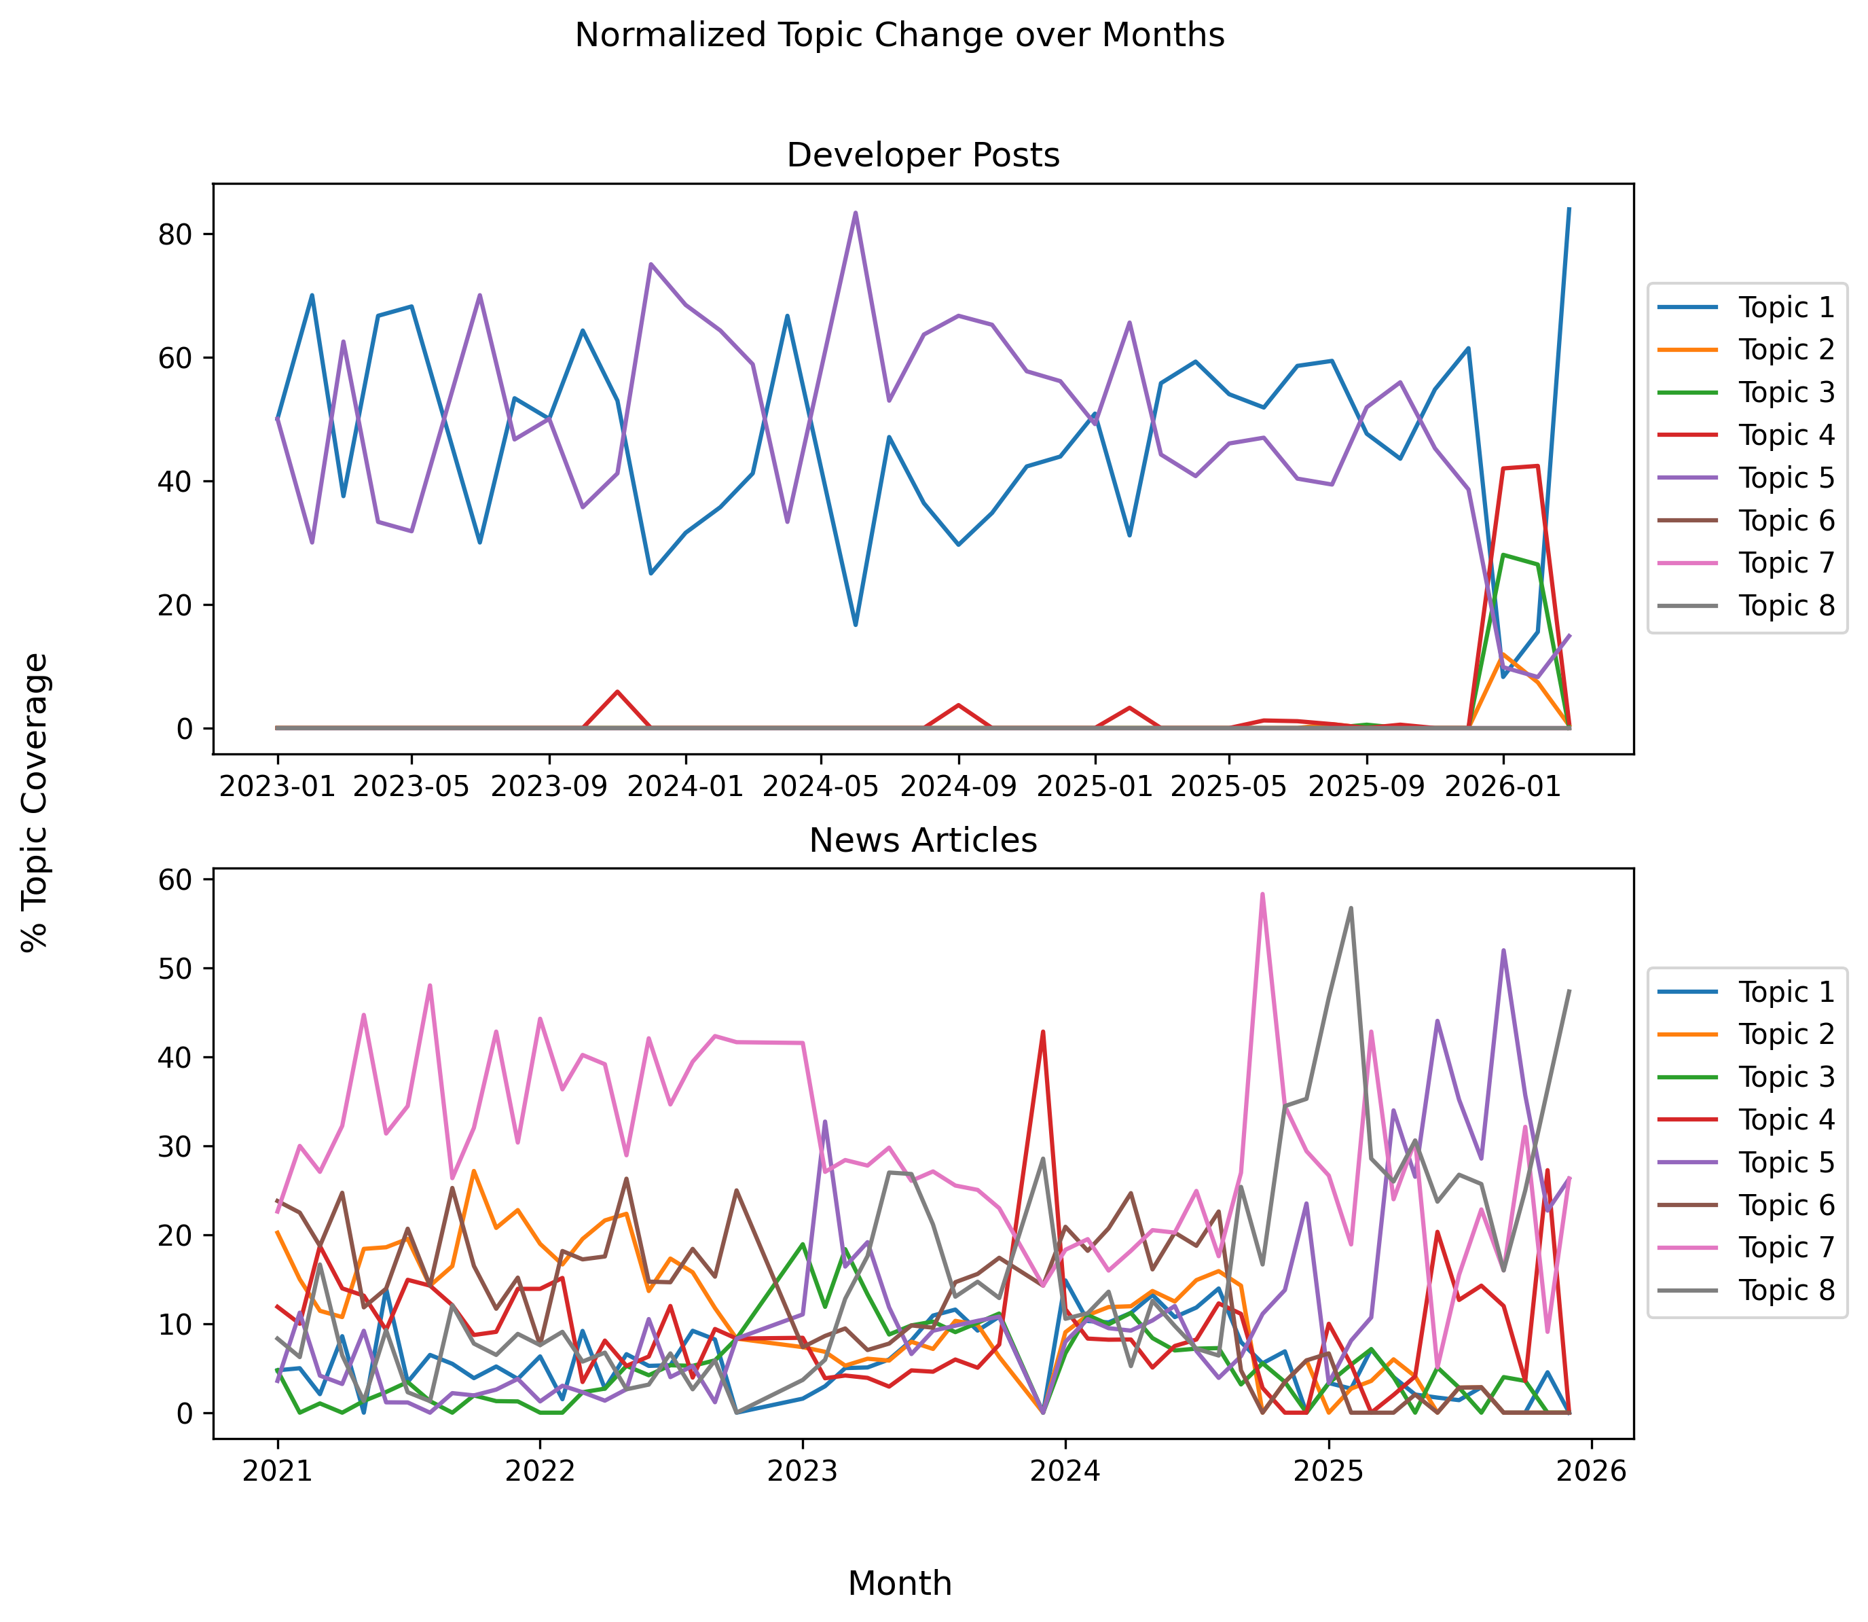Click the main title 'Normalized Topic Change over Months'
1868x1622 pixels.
point(899,36)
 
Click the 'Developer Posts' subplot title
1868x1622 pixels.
point(922,156)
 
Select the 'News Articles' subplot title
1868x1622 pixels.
point(922,841)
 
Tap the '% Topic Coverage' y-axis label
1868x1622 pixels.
point(35,802)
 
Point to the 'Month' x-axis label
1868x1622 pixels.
point(899,1583)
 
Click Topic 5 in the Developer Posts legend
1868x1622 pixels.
point(1784,478)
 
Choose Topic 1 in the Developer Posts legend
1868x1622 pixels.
point(1784,308)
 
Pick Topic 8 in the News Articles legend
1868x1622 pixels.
point(1784,1290)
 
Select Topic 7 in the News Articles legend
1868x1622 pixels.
point(1784,1247)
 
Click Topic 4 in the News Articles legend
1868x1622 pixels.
point(1784,1119)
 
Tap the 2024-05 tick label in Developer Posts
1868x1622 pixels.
point(820,786)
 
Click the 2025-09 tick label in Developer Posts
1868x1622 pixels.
point(1367,786)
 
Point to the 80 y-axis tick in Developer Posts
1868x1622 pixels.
point(179,234)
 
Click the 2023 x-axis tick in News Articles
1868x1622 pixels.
point(802,1471)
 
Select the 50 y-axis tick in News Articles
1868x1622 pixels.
point(179,969)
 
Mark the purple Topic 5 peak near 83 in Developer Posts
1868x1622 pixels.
point(856,213)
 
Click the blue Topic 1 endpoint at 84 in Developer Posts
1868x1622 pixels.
point(1569,209)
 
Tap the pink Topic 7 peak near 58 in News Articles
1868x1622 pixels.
point(1262,895)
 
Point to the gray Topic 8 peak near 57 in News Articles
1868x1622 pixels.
point(1351,908)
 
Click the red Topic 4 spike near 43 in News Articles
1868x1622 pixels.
point(1042,1032)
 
